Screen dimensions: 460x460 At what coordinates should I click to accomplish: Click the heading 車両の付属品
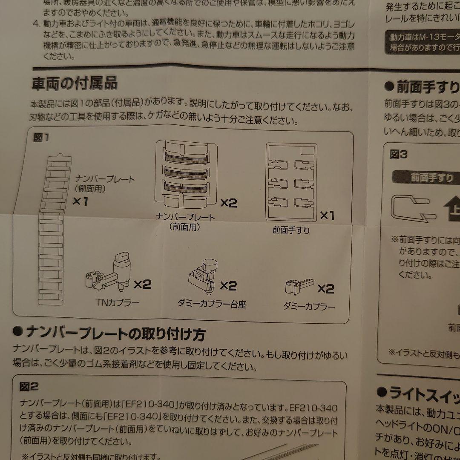75,83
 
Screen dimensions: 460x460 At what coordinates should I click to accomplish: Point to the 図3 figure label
399,154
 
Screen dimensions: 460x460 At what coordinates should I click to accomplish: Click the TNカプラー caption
118,303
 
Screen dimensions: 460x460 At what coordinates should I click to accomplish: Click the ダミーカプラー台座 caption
212,304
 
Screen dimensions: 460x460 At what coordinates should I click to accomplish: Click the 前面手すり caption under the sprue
291,230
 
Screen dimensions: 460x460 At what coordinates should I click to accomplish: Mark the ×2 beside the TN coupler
142,285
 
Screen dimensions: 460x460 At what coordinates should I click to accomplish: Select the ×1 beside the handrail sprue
327,216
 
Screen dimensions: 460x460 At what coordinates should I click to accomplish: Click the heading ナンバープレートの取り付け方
110,333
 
